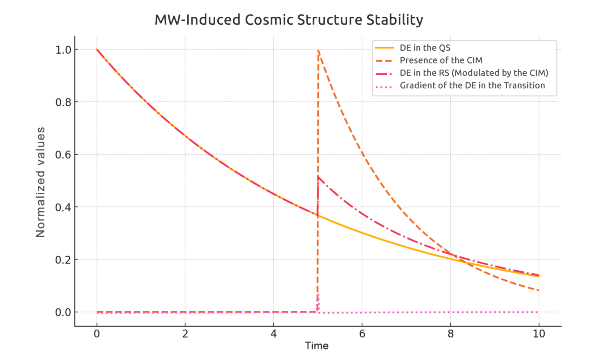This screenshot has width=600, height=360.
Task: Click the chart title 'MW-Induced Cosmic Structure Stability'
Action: click(x=289, y=20)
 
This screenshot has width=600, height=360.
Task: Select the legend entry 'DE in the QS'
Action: click(x=425, y=48)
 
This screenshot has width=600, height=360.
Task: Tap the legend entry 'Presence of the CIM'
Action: click(x=441, y=60)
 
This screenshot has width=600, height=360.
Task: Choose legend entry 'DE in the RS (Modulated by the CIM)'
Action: click(x=474, y=73)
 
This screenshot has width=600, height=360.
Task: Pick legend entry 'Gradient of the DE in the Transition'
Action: click(x=472, y=85)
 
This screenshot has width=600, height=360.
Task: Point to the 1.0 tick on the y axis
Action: click(x=63, y=50)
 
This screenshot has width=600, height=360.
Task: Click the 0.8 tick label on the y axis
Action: click(x=63, y=102)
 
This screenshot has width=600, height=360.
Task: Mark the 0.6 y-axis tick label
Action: click(x=63, y=155)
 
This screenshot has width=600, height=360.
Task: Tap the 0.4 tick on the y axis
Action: click(x=63, y=207)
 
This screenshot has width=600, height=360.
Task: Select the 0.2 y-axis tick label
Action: click(x=63, y=260)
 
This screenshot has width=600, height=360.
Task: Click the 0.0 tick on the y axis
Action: click(x=63, y=312)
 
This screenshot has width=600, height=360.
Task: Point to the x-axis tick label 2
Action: click(x=185, y=334)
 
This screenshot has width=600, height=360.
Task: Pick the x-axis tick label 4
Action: click(x=274, y=334)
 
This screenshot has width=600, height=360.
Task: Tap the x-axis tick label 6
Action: click(x=362, y=334)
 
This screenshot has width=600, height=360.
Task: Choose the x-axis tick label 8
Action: click(x=450, y=334)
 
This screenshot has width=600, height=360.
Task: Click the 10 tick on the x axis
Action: click(x=539, y=334)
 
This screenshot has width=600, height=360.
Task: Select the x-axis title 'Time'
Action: click(x=317, y=346)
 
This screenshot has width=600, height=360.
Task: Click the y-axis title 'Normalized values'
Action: click(x=40, y=182)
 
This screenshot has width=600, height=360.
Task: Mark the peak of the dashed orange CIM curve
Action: click(x=318, y=50)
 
